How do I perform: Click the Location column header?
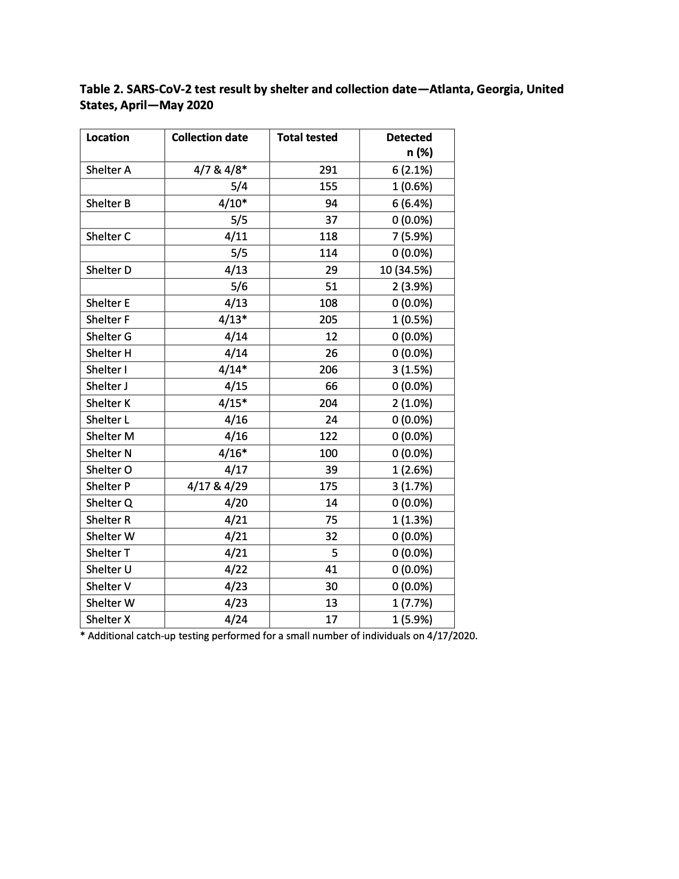108,137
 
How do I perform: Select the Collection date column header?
209,137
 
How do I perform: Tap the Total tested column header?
307,137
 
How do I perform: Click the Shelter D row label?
109,270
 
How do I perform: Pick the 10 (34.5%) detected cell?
406,270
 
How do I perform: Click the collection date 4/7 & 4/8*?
220,170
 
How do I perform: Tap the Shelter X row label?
108,620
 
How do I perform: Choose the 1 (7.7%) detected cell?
412,603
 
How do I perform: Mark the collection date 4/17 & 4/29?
217,486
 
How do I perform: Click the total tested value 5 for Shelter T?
334,553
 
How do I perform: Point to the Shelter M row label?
110,436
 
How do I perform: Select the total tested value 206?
328,370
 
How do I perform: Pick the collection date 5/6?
239,287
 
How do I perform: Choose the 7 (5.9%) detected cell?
412,237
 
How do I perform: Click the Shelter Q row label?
109,503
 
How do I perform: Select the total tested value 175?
328,486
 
